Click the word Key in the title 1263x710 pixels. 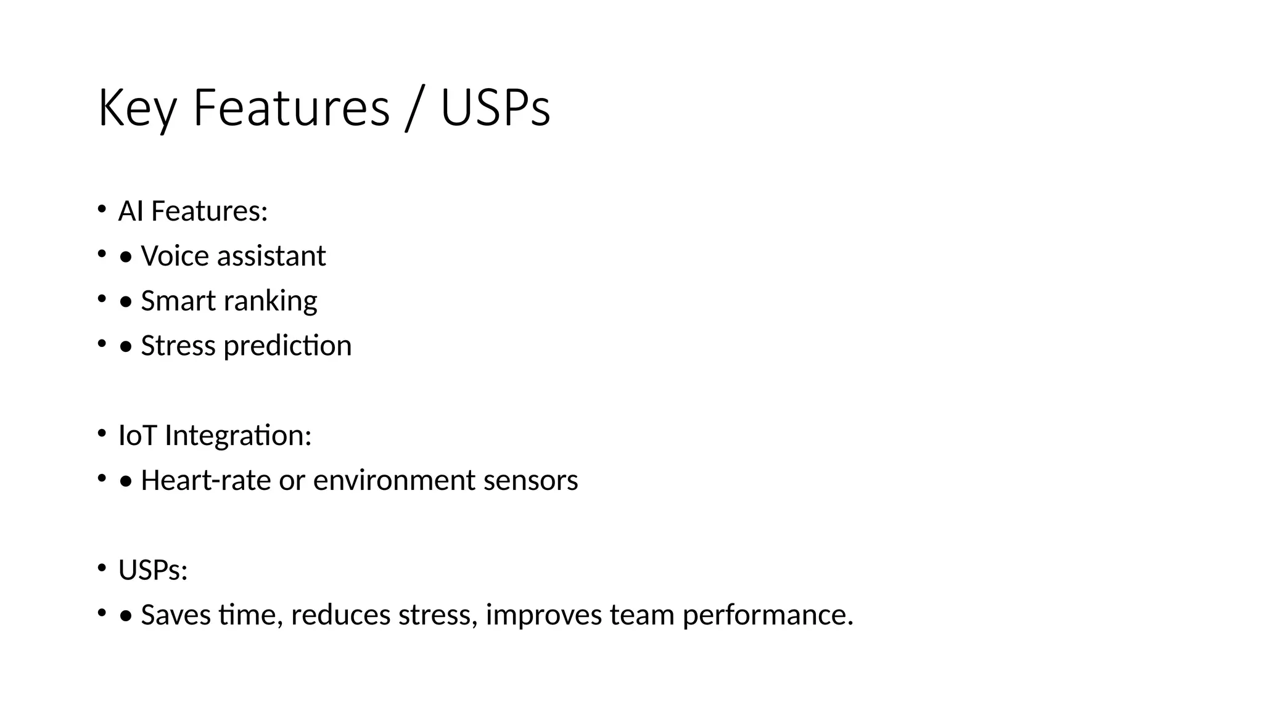click(138, 108)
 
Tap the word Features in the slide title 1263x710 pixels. click(291, 108)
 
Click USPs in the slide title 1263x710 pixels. click(495, 108)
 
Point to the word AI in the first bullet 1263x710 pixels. click(131, 211)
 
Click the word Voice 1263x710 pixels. click(174, 256)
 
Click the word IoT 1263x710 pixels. click(138, 436)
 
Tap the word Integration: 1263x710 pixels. click(238, 436)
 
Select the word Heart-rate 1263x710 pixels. click(205, 480)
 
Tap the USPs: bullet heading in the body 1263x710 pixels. click(153, 570)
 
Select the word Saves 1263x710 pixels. click(176, 615)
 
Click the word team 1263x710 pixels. click(642, 615)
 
